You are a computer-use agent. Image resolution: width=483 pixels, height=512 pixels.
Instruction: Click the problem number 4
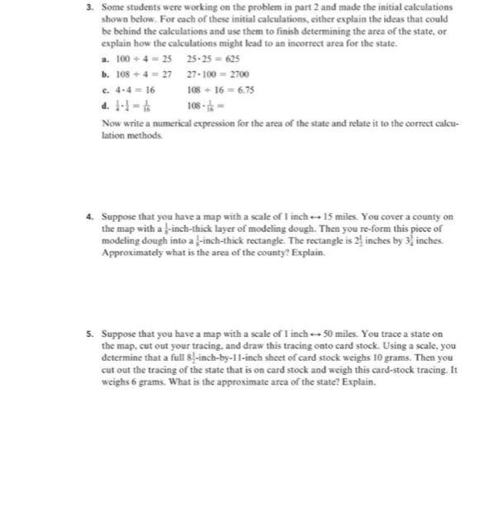[89, 217]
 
